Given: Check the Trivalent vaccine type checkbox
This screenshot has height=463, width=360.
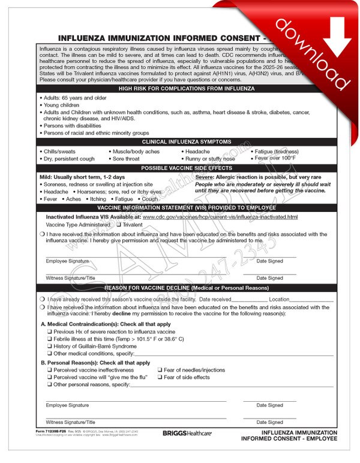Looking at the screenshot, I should [x=118, y=224].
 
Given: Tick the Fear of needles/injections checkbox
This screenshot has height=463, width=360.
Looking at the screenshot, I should [x=160, y=370].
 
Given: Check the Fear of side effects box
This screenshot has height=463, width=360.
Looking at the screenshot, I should [x=160, y=377].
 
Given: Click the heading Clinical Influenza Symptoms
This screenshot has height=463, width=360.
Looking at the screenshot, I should [x=186, y=142].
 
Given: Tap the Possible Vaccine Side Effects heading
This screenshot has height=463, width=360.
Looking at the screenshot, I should [x=186, y=168].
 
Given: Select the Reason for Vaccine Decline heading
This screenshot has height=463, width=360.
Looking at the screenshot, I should [x=186, y=288].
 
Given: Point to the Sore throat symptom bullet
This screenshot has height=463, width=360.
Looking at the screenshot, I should [x=125, y=159].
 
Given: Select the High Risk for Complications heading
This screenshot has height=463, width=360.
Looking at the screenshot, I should [x=186, y=88].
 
